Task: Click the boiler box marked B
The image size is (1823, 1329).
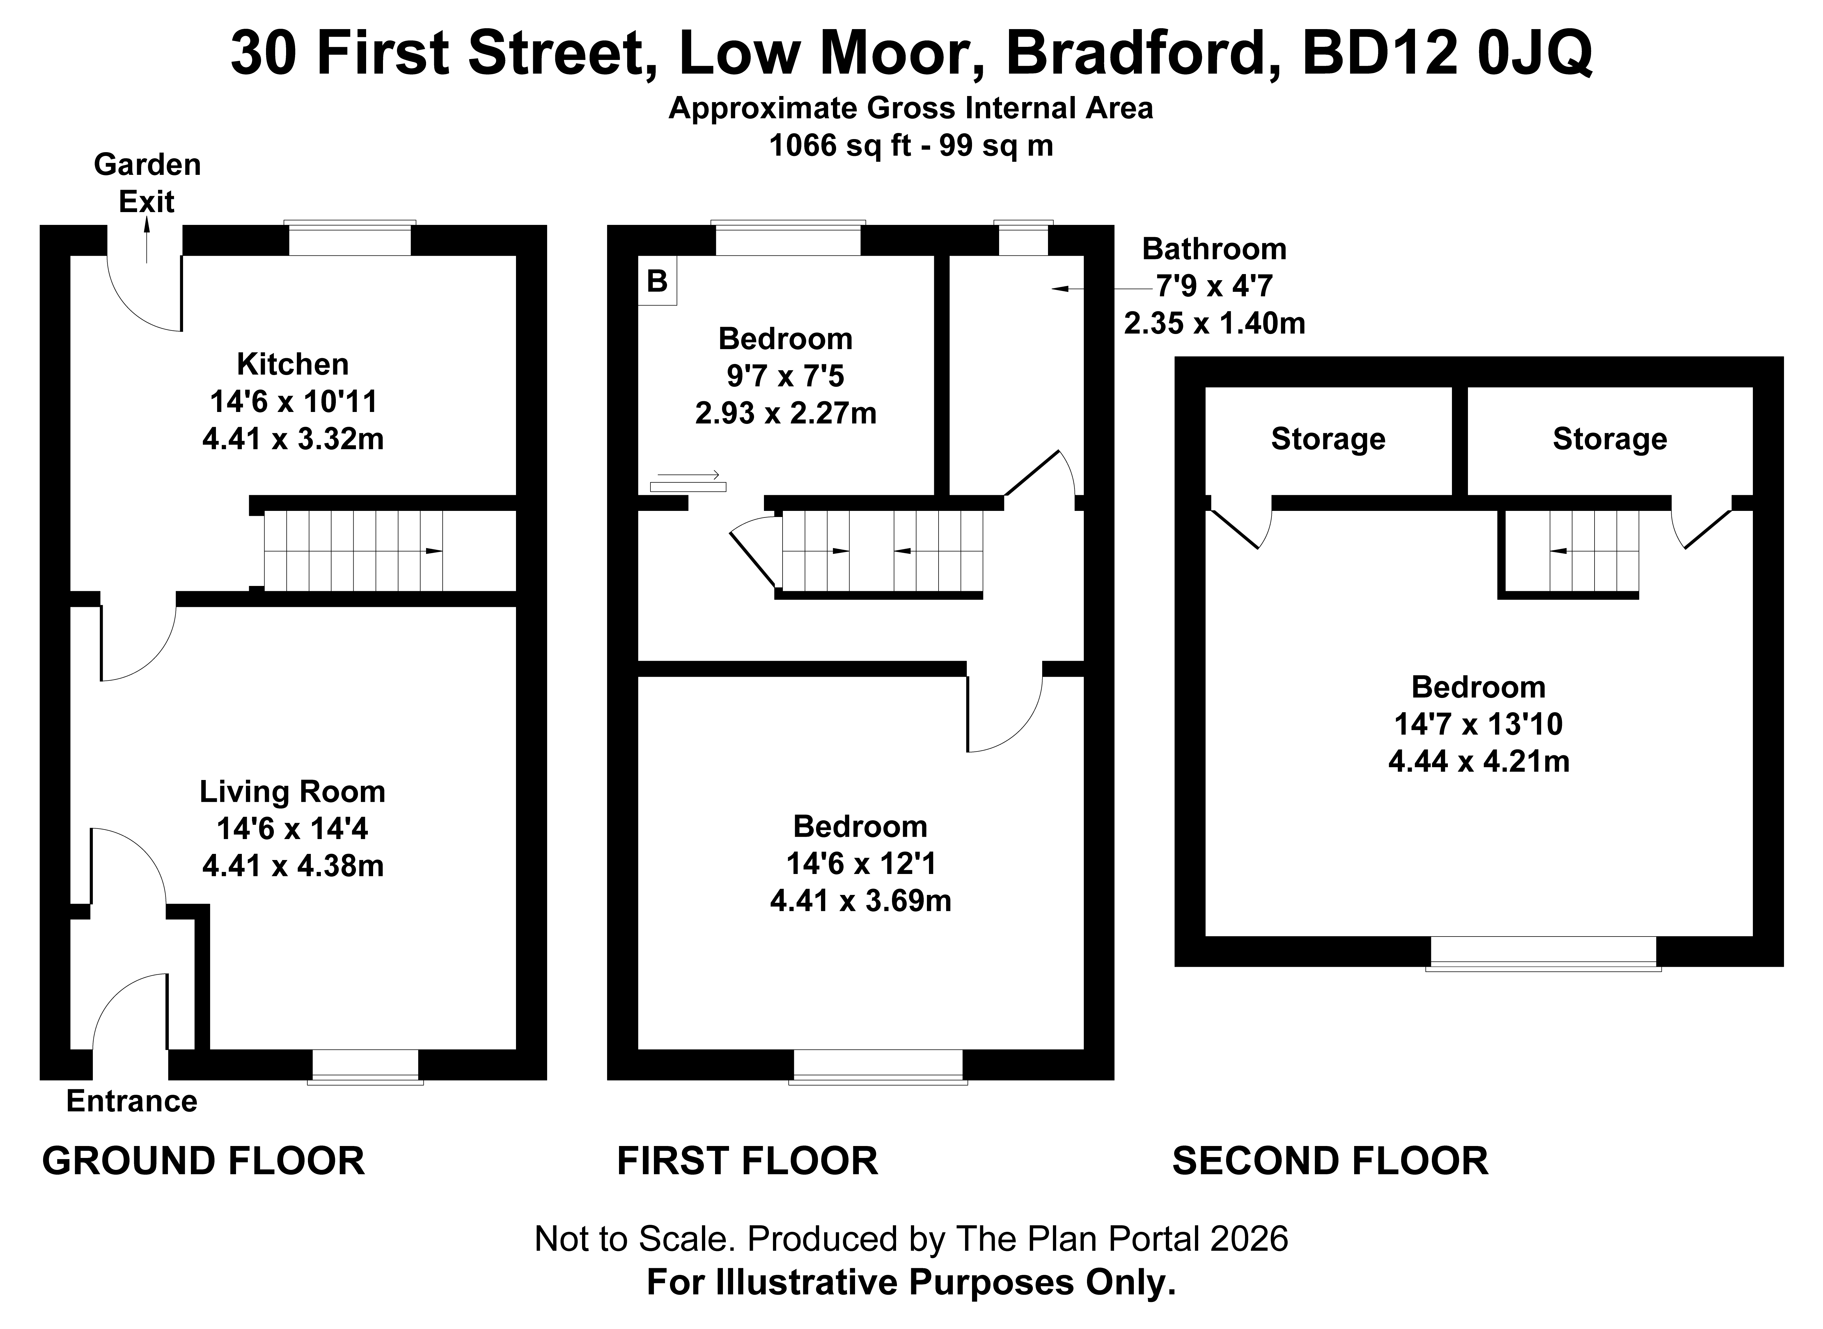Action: [x=657, y=281]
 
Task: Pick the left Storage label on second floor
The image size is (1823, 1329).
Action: [x=1327, y=439]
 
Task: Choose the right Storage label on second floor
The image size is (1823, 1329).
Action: [x=1609, y=439]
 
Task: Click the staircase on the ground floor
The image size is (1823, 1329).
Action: [x=354, y=551]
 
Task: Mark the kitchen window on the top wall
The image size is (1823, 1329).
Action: [x=350, y=239]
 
